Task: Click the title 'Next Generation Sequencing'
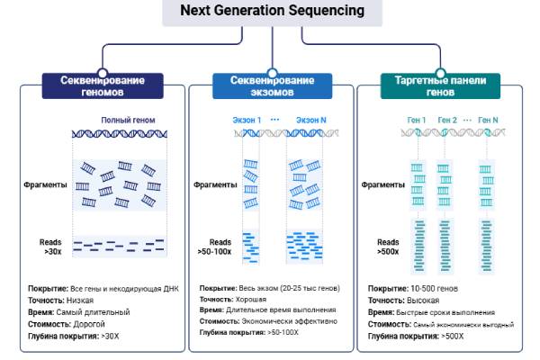(x=272, y=11)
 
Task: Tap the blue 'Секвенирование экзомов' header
(x=272, y=85)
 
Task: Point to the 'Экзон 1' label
(x=247, y=120)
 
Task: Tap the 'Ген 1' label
(x=417, y=120)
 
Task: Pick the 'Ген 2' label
(x=447, y=120)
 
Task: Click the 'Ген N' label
(x=488, y=120)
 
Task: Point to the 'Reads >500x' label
(x=388, y=247)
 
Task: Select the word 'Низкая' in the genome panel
(x=79, y=300)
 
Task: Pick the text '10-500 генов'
(x=432, y=288)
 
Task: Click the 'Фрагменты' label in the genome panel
(x=46, y=185)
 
